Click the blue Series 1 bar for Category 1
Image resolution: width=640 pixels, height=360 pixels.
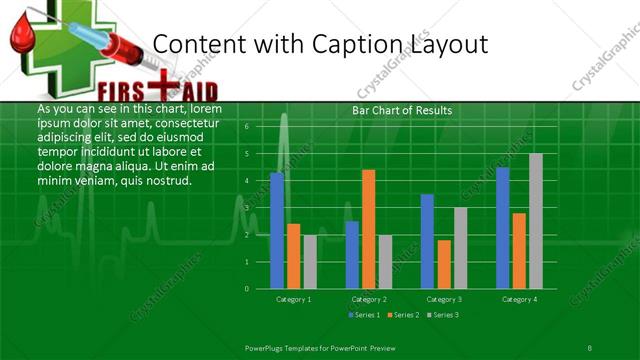277,231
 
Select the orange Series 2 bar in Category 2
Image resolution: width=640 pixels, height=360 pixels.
368,229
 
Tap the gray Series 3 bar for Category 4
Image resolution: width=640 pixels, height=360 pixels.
536,221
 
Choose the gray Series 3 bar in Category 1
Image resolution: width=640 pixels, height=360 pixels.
310,262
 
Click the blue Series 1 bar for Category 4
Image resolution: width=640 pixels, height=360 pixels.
503,228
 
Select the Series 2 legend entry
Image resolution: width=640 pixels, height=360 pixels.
404,315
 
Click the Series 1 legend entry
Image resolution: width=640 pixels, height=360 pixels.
365,315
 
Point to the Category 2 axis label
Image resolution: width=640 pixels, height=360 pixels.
368,299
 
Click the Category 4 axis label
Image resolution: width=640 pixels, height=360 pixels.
519,299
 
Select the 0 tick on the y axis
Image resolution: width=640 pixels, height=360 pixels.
247,289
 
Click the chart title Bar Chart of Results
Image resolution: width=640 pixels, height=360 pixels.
402,110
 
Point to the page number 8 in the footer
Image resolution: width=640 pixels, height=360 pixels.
590,346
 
